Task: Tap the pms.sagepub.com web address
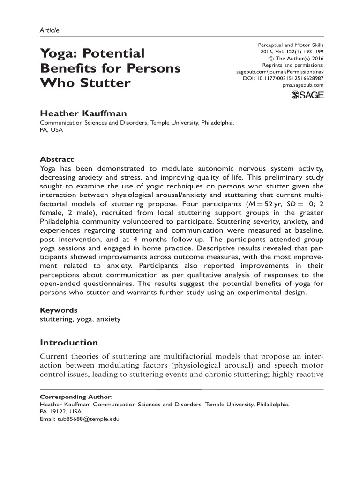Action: tap(303, 86)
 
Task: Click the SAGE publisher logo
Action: tap(307, 96)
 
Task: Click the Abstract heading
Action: tap(57, 159)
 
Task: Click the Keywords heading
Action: tap(59, 310)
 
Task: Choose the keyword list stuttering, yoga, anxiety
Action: tap(80, 319)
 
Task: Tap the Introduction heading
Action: tap(69, 343)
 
